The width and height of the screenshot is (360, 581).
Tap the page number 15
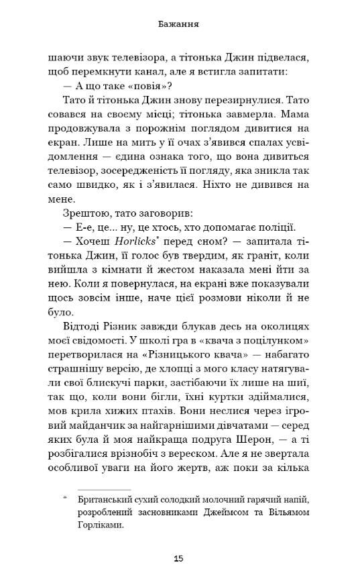179,558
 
